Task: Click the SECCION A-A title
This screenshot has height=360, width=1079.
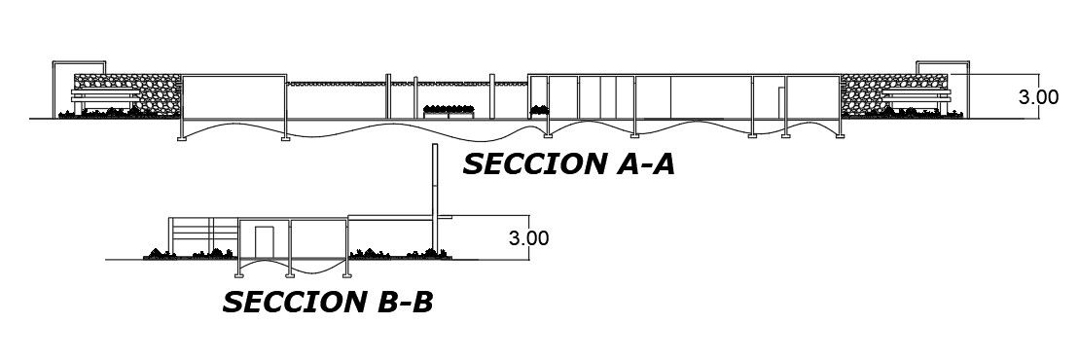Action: (x=568, y=164)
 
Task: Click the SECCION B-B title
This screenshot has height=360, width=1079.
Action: (x=328, y=303)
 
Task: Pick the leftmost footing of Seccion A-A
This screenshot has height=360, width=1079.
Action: (x=182, y=138)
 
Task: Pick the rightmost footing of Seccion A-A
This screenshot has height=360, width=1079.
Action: (x=837, y=138)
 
